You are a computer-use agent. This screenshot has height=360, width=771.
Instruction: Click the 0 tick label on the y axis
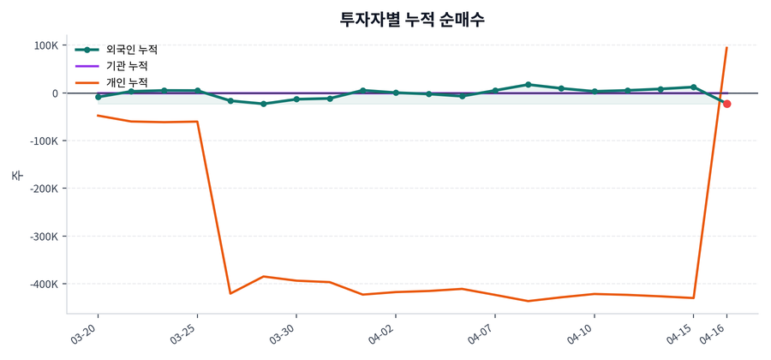pos(55,93)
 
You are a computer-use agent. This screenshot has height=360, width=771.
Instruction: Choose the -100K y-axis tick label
pos(41,141)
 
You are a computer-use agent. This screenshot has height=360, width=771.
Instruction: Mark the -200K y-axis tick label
pos(41,189)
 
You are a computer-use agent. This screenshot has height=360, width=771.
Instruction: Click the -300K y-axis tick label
pos(41,237)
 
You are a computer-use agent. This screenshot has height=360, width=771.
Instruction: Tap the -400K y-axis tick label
pos(41,284)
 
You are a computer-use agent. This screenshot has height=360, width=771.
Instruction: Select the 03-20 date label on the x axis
pos(85,333)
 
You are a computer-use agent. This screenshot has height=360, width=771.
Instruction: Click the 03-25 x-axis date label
pos(184,333)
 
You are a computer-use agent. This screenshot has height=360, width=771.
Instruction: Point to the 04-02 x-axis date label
pos(383,333)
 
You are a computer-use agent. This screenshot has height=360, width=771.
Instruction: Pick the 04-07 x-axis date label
pos(482,333)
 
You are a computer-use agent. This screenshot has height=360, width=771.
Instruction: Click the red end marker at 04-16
pos(727,104)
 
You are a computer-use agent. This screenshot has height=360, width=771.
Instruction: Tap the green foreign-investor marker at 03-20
pos(98,97)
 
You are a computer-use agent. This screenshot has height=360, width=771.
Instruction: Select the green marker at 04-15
pos(694,87)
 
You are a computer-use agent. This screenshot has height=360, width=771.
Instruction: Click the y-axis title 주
pos(16,175)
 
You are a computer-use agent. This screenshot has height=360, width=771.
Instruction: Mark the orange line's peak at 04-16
pos(726,48)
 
